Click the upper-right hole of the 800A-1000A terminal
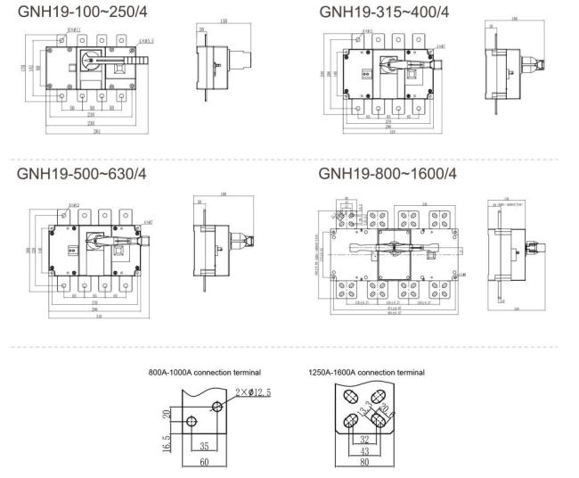[217, 407]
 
